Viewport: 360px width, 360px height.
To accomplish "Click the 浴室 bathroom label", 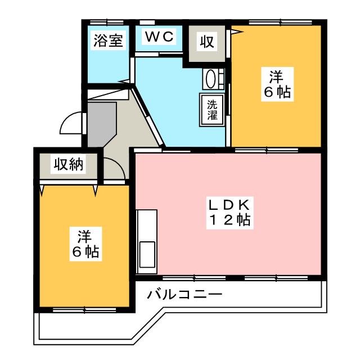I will pos(107,42).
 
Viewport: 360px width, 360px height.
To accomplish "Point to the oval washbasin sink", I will pos(210,78).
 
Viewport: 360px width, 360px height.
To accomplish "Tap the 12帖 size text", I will pos(228,220).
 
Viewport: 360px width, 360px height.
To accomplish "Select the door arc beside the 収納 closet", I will pos(114,167).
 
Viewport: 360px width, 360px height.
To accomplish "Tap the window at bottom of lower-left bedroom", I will pos(84,309).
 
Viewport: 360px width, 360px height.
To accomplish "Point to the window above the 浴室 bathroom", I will pos(108,22).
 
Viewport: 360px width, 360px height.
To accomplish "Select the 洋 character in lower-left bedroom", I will pos(85,235).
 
